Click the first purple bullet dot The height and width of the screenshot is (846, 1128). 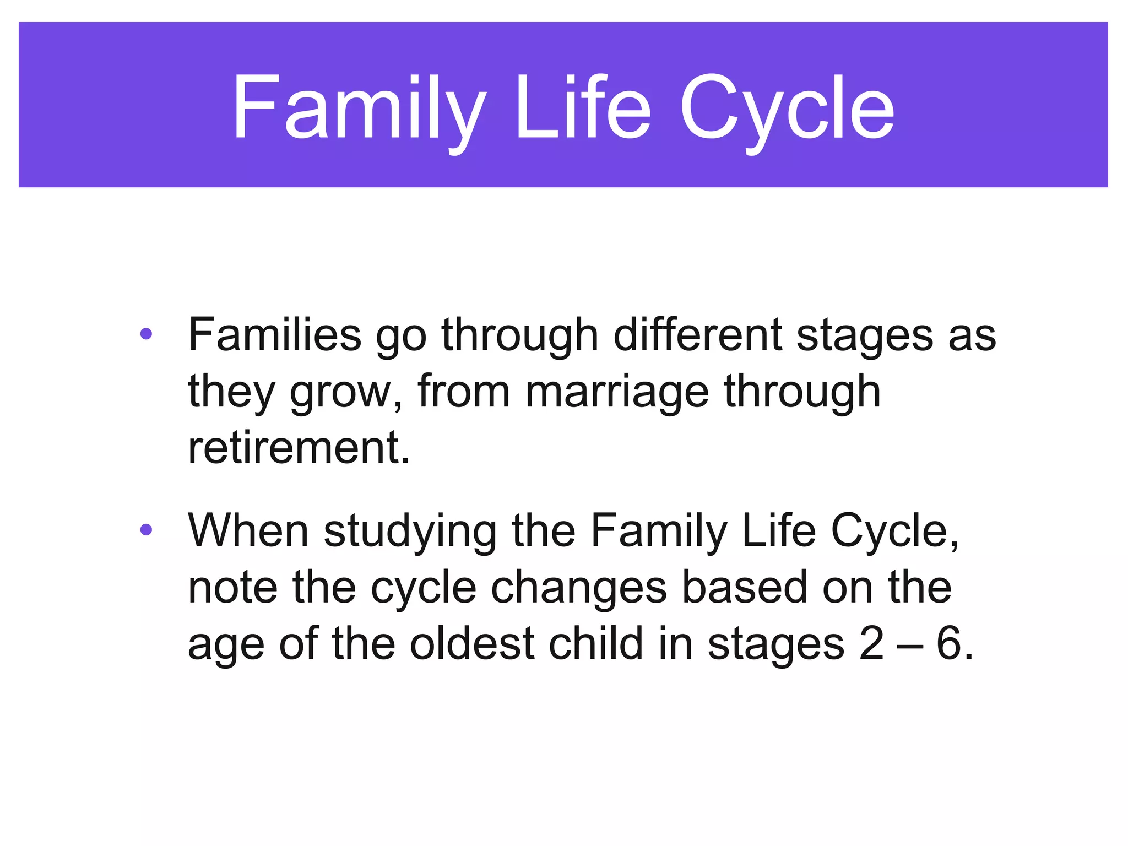pos(146,334)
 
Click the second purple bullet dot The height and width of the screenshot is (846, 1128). pos(146,530)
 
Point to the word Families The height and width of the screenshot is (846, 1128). pos(274,334)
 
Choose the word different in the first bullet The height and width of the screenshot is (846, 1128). pos(697,334)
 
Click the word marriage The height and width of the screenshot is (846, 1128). pos(617,391)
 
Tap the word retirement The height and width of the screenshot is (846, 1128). pos(299,447)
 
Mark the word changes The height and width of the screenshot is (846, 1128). pos(579,588)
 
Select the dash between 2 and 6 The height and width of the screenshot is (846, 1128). pos(909,646)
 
